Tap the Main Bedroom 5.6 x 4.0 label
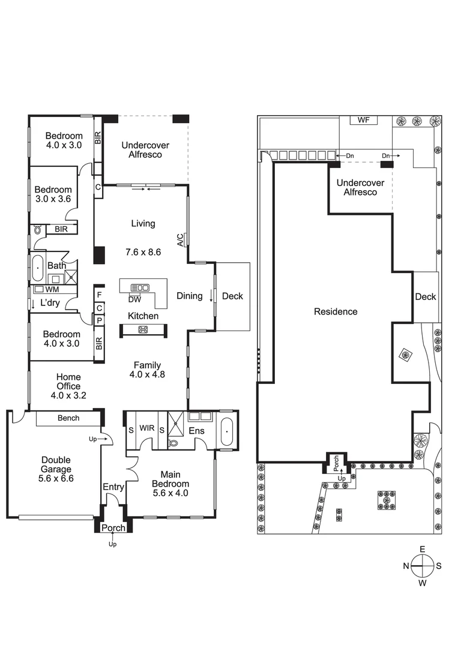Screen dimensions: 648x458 point(170,484)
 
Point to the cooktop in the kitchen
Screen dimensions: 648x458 point(143,329)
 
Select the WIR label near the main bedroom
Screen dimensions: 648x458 point(147,429)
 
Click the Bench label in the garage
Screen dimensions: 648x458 point(68,418)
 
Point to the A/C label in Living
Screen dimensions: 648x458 point(179,240)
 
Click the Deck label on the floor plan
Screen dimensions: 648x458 point(232,296)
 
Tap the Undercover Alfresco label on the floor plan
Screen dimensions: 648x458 point(145,149)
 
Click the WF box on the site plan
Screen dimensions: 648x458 point(363,121)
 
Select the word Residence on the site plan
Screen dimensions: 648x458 point(336,311)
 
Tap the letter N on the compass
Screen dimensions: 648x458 point(406,566)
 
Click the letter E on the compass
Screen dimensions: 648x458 point(423,550)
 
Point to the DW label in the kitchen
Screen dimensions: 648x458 point(135,298)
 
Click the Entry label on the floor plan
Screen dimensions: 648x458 point(113,487)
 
